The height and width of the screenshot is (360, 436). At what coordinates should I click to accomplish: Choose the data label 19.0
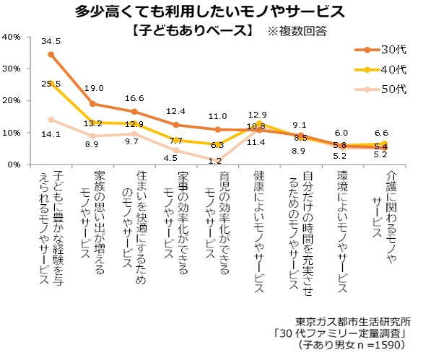(95, 88)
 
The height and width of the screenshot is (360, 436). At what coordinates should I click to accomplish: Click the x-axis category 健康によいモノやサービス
(261, 231)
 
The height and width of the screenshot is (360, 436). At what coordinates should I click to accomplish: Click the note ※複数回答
(297, 31)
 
